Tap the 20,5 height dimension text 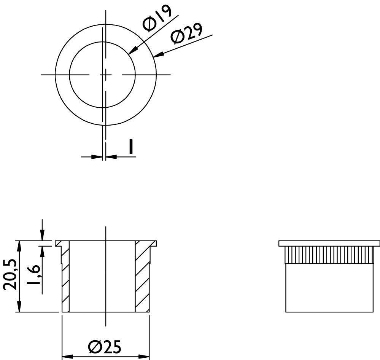click(x=10, y=275)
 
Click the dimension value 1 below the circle click(x=131, y=147)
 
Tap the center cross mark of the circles click(x=106, y=75)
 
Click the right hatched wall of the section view click(x=142, y=278)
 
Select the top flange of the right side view click(x=329, y=243)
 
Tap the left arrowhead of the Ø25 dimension click(x=67, y=357)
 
